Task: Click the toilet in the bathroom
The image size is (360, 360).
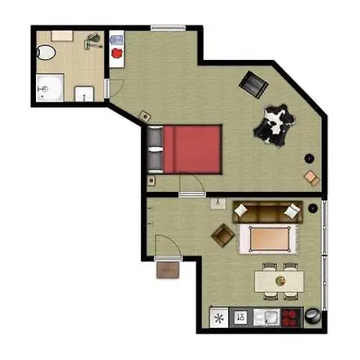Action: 46,52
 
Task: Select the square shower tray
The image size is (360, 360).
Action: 50,87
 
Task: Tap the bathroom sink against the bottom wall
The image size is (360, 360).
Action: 85,94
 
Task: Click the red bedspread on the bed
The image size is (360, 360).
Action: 192,148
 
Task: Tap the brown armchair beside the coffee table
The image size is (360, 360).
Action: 222,234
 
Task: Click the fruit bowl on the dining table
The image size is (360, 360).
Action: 279,281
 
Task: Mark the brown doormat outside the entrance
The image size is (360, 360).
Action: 169,270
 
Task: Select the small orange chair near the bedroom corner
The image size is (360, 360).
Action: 310,178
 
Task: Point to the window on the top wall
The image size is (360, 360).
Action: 167,29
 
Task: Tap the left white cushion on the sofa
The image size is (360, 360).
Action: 242,211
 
